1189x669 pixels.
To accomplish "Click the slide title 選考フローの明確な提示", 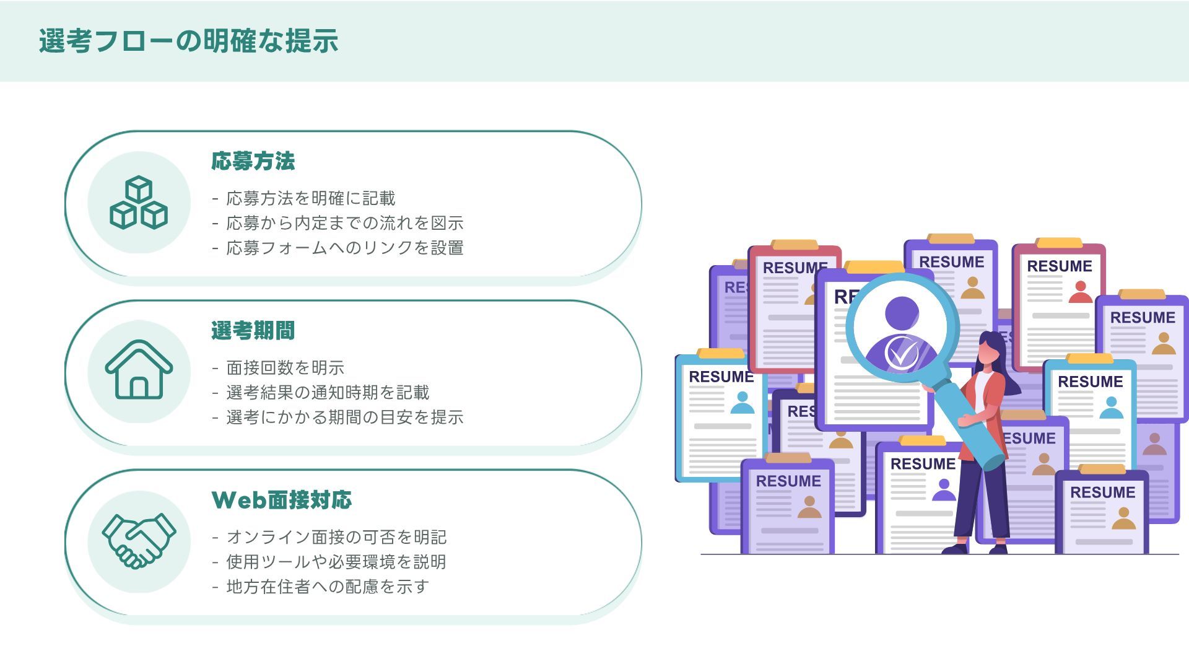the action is click(188, 41).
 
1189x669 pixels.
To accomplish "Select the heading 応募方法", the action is click(253, 161).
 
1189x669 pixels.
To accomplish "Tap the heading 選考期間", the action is click(253, 331).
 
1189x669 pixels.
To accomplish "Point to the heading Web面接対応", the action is click(282, 500).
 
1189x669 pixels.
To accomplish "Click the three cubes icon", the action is click(139, 203).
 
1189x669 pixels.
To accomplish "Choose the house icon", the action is click(139, 370).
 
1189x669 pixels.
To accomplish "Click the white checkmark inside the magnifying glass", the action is click(902, 354).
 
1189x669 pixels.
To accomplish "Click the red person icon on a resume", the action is click(1081, 292).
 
